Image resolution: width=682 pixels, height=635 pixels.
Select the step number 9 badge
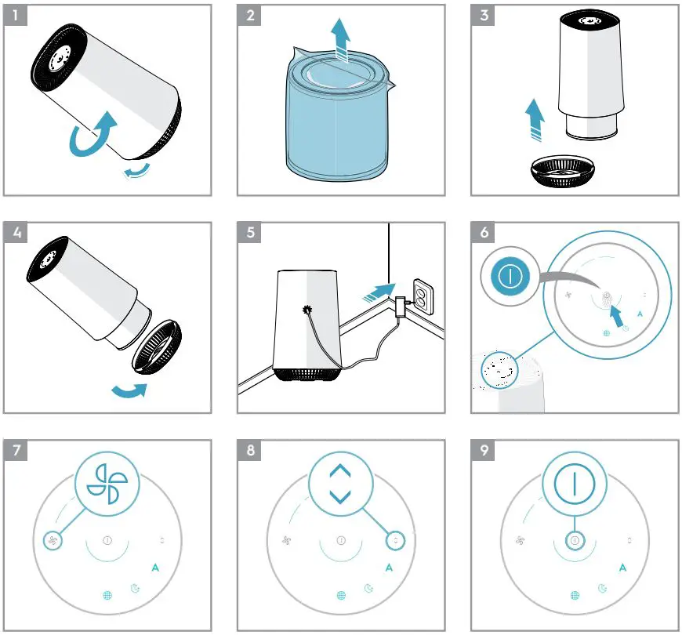click(x=484, y=451)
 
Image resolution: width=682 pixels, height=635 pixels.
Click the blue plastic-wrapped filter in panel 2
click(x=337, y=118)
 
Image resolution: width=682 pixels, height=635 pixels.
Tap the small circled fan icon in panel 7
click(x=52, y=540)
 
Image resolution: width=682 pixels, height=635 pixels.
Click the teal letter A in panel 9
click(x=622, y=568)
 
